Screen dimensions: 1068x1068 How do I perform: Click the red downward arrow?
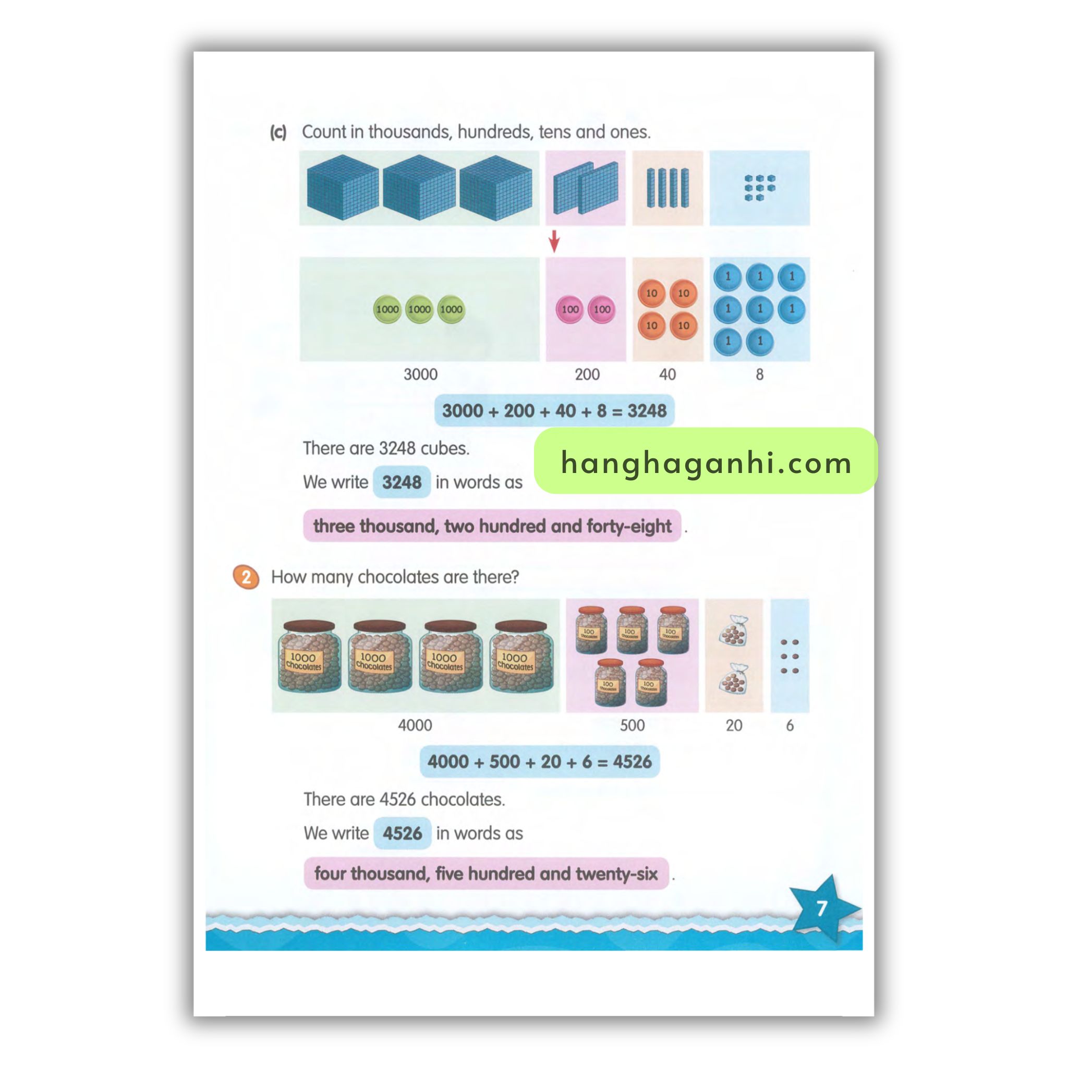pyautogui.click(x=554, y=241)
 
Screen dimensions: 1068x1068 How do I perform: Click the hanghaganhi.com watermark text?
pyautogui.click(x=706, y=462)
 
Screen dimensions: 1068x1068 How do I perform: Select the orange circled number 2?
pyautogui.click(x=246, y=577)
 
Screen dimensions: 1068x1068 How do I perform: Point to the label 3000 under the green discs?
pyautogui.click(x=420, y=374)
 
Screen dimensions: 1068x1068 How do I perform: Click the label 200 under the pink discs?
pyautogui.click(x=587, y=374)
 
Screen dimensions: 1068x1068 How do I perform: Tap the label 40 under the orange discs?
pyautogui.click(x=667, y=374)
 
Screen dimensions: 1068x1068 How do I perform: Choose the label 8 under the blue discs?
pyautogui.click(x=759, y=374)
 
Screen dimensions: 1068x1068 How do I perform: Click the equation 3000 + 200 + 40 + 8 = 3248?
pyautogui.click(x=554, y=411)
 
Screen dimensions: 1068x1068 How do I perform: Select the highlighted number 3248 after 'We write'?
pyautogui.click(x=402, y=482)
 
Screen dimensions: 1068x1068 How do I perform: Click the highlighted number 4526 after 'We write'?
pyautogui.click(x=403, y=833)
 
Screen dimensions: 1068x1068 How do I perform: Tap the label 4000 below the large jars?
pyautogui.click(x=415, y=725)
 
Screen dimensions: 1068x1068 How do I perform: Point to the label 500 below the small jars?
pyautogui.click(x=633, y=725)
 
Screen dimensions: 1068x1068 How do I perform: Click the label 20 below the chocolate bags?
pyautogui.click(x=734, y=725)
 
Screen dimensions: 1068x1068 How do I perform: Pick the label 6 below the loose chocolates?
pyautogui.click(x=790, y=725)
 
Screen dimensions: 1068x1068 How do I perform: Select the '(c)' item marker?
pyautogui.click(x=278, y=132)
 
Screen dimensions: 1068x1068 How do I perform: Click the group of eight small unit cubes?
pyautogui.click(x=759, y=187)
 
